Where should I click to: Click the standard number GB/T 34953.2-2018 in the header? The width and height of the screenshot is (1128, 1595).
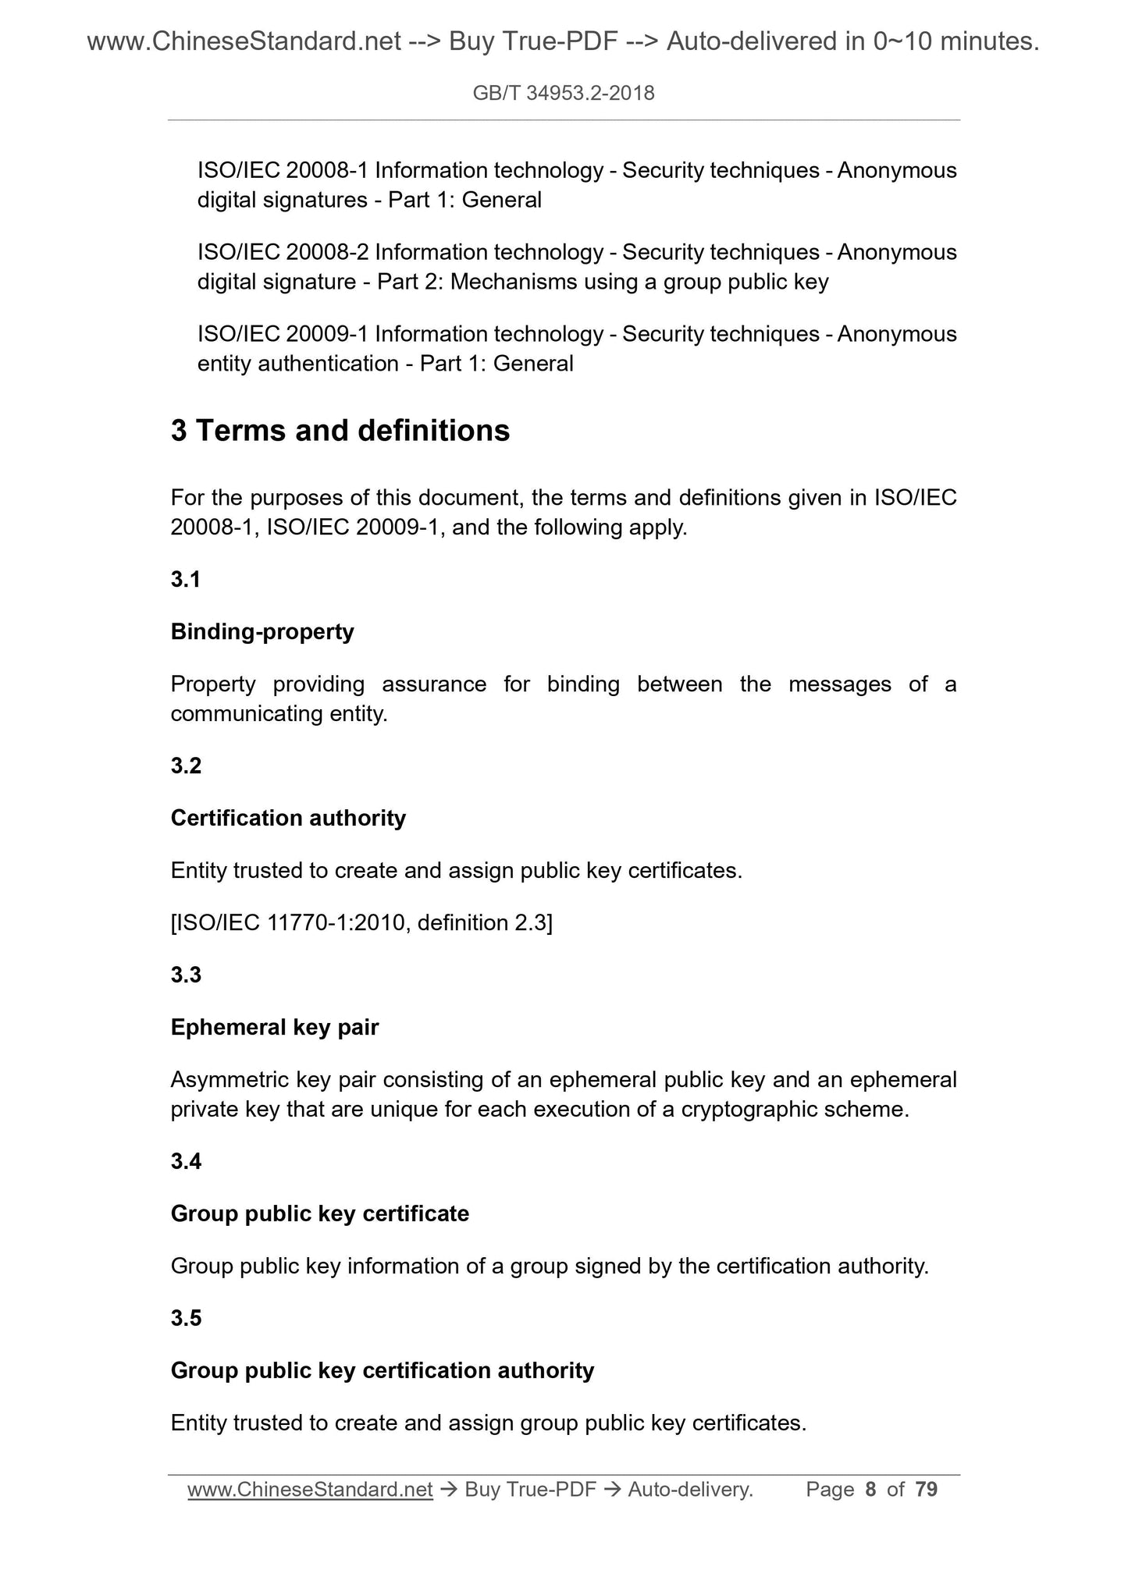pyautogui.click(x=564, y=94)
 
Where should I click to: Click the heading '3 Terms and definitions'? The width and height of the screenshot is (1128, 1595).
pyautogui.click(x=340, y=431)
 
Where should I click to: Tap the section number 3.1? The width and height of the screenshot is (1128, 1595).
pyautogui.click(x=186, y=579)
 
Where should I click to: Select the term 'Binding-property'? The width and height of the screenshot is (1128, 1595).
pyautogui.click(x=262, y=631)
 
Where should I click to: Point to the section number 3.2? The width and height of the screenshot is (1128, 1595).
pyautogui.click(x=186, y=766)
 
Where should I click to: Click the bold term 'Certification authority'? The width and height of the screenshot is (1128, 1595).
pyautogui.click(x=288, y=818)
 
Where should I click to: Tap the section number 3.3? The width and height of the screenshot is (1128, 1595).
pyautogui.click(x=186, y=975)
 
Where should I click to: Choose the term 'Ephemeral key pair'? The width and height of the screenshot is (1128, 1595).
pyautogui.click(x=275, y=1027)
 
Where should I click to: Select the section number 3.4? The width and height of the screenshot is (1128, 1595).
pyautogui.click(x=186, y=1161)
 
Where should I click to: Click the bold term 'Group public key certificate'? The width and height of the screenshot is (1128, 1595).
pyautogui.click(x=320, y=1213)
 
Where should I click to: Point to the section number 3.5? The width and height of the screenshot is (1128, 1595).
pyautogui.click(x=186, y=1317)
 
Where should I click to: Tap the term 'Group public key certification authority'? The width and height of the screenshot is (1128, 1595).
pyautogui.click(x=383, y=1370)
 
